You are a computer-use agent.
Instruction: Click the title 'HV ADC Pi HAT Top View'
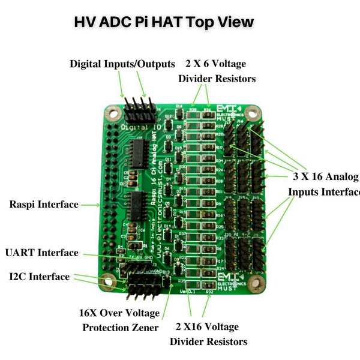click(163, 22)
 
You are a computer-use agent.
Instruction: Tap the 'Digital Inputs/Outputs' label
click(122, 64)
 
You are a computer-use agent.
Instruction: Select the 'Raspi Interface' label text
click(44, 205)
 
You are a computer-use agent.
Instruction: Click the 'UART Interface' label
click(41, 253)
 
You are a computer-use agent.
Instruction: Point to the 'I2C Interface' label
click(39, 277)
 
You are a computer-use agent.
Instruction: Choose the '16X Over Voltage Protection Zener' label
click(119, 320)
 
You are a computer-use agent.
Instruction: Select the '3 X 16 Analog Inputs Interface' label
click(324, 184)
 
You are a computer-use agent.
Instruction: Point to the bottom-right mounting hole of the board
click(256, 280)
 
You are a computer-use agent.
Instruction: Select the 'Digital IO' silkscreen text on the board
click(138, 128)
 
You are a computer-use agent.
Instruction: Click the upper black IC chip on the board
click(138, 155)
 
